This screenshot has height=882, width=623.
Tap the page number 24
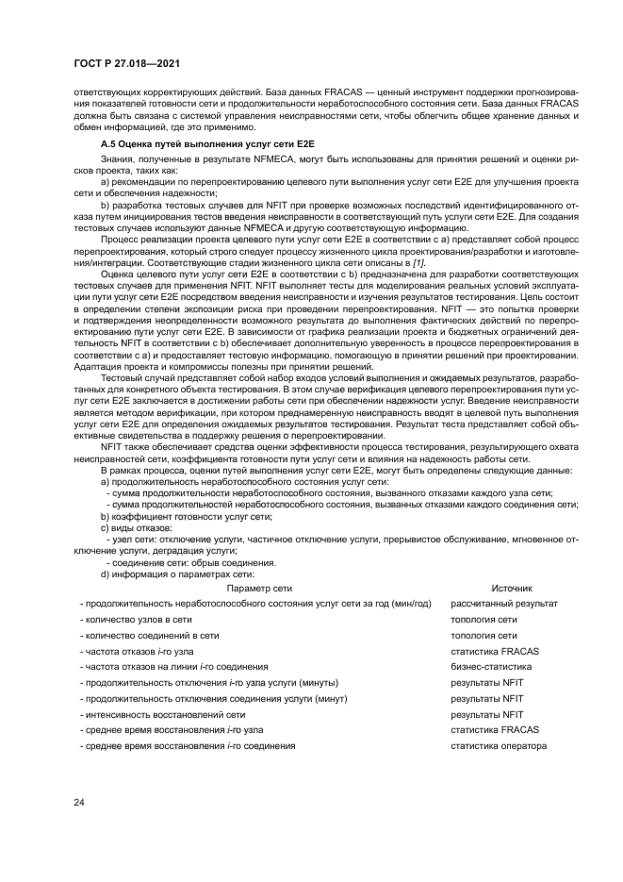pyautogui.click(x=78, y=803)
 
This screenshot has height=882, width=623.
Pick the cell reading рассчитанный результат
pyautogui.click(x=504, y=604)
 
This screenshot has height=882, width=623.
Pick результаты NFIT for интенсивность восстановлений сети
pyautogui.click(x=487, y=715)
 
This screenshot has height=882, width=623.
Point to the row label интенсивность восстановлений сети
pyautogui.click(x=162, y=715)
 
